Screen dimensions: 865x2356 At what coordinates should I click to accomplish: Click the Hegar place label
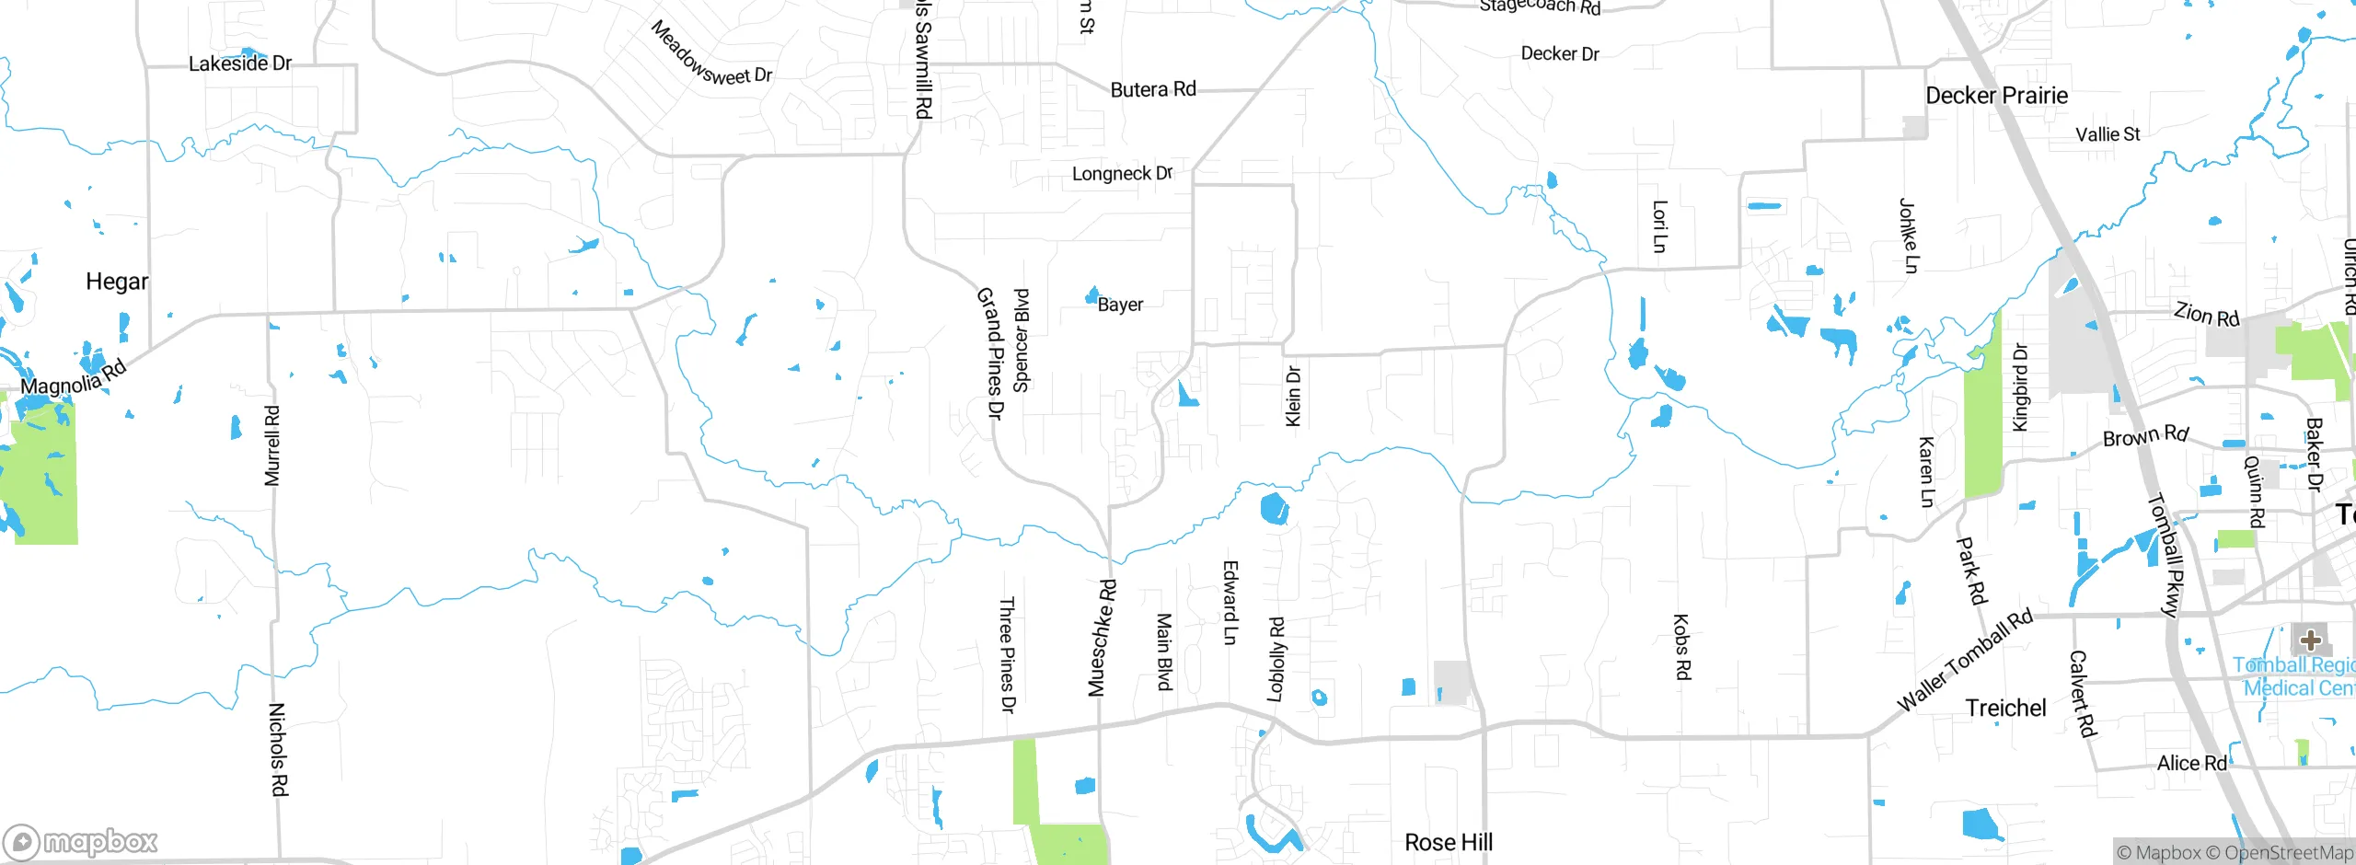point(117,282)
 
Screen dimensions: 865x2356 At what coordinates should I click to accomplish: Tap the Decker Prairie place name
point(1996,96)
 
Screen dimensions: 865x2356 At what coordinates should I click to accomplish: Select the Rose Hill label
point(1449,842)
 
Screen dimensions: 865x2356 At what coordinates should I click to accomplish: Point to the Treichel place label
point(2005,708)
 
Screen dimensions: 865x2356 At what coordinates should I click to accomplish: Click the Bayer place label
point(1120,305)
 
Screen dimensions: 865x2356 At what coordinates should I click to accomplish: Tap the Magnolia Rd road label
point(74,378)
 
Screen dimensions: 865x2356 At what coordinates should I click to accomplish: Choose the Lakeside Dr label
point(240,63)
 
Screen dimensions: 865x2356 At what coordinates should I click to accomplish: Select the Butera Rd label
point(1153,89)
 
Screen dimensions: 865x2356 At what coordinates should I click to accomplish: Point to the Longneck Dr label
point(1122,173)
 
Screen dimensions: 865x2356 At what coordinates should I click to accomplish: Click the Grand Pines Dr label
point(989,353)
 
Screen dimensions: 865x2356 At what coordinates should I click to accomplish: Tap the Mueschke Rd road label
point(1102,638)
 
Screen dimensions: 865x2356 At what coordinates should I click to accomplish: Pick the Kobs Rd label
point(1681,647)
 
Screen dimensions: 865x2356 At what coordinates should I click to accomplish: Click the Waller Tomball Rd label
point(1965,660)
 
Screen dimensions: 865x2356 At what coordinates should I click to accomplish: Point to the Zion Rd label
point(2207,315)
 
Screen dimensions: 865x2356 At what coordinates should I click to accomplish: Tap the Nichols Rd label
point(278,749)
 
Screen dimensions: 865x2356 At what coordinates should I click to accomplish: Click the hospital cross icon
point(2310,640)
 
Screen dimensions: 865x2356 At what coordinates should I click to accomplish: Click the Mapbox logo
point(81,842)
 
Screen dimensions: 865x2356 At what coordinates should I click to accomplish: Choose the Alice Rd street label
point(2192,763)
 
